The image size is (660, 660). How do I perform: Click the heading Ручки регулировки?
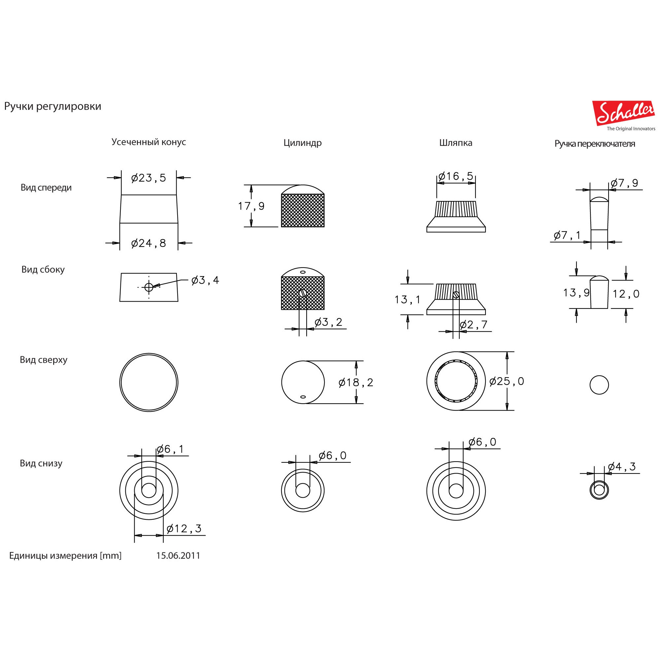coord(52,107)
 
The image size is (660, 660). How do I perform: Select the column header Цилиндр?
coord(302,143)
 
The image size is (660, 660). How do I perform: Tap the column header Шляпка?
coord(456,143)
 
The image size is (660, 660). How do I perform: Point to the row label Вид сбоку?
coord(43,270)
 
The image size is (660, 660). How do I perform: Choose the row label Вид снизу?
coord(41,463)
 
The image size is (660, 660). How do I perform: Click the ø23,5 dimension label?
coord(148,178)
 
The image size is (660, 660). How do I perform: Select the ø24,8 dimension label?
coord(148,243)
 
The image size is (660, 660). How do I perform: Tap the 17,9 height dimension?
coord(251,206)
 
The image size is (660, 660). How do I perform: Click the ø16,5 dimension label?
coord(456,176)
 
